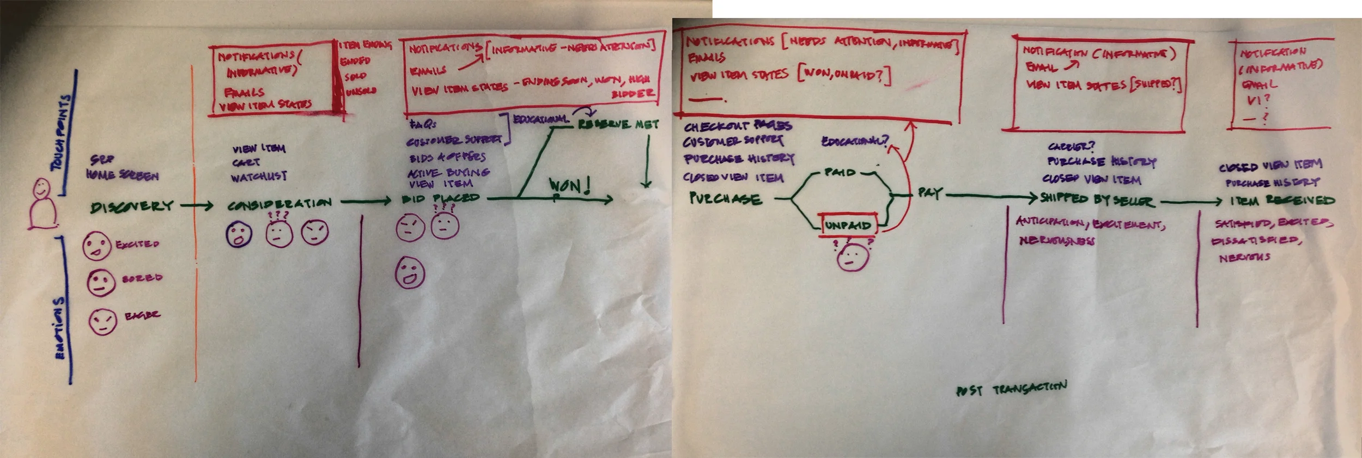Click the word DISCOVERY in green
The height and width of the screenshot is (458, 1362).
point(132,206)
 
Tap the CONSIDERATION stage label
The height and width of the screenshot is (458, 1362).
point(279,204)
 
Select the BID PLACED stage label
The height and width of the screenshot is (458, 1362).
point(440,199)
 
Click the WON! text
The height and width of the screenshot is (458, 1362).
point(569,186)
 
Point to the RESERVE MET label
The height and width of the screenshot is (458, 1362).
point(618,125)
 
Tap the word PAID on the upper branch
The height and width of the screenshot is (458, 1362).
point(840,173)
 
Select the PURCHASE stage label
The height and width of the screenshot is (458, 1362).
point(725,199)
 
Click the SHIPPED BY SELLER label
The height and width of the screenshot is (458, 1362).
point(1096,200)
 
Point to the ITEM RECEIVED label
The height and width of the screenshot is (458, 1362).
point(1282,200)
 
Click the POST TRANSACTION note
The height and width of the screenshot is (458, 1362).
point(1011,389)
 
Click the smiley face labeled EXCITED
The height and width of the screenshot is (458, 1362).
point(96,246)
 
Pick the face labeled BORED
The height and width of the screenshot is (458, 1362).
point(101,283)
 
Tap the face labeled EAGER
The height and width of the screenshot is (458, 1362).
point(102,321)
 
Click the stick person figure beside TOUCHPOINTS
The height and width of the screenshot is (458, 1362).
point(42,204)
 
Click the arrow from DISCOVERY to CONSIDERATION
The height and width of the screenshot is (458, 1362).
point(197,205)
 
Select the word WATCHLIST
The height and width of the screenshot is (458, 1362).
point(259,177)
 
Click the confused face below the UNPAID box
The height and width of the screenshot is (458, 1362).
point(853,257)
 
